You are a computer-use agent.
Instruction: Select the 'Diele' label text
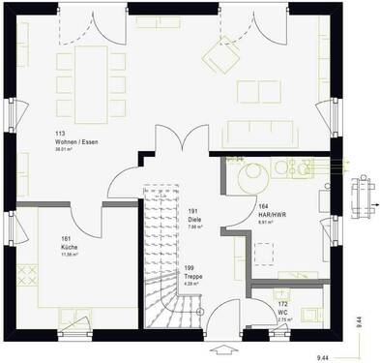coord(193,221)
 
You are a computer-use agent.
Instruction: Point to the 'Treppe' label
coord(192,277)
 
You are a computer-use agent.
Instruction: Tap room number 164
coord(263,206)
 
